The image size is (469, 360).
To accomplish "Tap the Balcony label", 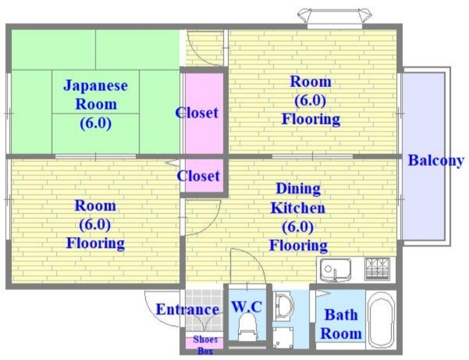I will coord(436,160).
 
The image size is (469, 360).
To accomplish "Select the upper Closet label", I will coord(198,113).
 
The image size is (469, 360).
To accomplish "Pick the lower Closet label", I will coord(199,175).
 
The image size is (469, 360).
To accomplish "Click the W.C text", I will coord(246,306).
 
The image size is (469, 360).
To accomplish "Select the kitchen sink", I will coord(336,270).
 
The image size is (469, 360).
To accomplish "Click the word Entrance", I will coord(188,310).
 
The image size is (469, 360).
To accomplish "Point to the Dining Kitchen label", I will coord(298,198).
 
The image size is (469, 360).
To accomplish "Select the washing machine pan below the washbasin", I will coord(288,337).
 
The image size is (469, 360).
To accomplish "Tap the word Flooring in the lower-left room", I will coord(95,243).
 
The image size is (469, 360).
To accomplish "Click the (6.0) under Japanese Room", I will coord(95,124).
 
